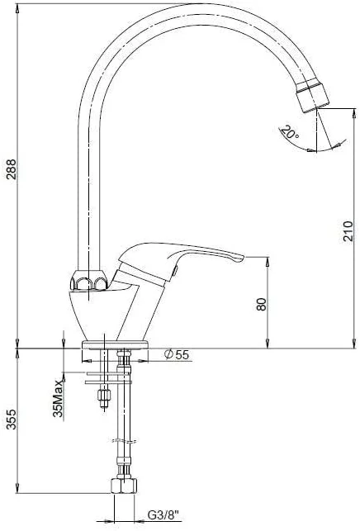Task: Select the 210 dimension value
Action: [348, 231]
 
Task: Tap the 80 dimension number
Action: [262, 305]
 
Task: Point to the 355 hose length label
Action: [12, 420]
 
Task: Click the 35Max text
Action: [58, 398]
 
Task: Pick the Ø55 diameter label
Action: [176, 354]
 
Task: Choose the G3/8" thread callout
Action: [163, 516]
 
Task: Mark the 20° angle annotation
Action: [291, 132]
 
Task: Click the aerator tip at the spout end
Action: [312, 96]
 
